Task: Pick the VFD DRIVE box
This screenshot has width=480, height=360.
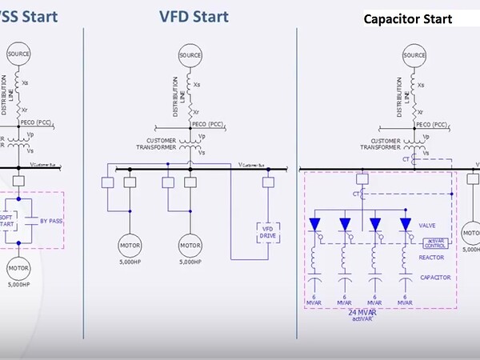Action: point(266,232)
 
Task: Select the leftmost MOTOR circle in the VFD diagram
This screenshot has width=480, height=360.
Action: point(130,244)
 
